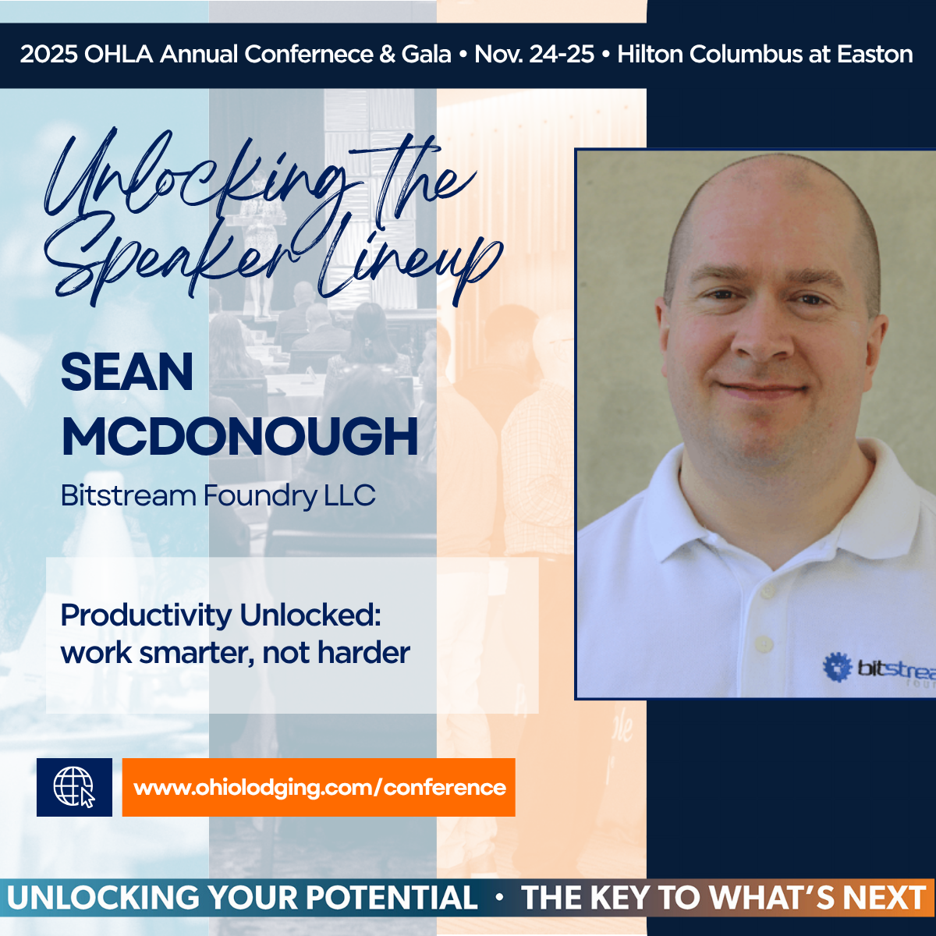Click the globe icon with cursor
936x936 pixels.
[x=74, y=787]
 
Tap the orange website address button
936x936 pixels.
[x=319, y=787]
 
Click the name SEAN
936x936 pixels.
[x=127, y=372]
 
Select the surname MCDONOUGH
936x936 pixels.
[x=239, y=436]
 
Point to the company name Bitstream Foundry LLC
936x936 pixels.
[x=218, y=496]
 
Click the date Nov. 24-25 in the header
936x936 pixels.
[x=534, y=54]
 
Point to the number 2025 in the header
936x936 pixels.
[x=48, y=54]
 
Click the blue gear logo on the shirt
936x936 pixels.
[x=838, y=666]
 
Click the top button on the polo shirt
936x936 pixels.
[x=768, y=591]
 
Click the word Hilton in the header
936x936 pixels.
[x=650, y=54]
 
